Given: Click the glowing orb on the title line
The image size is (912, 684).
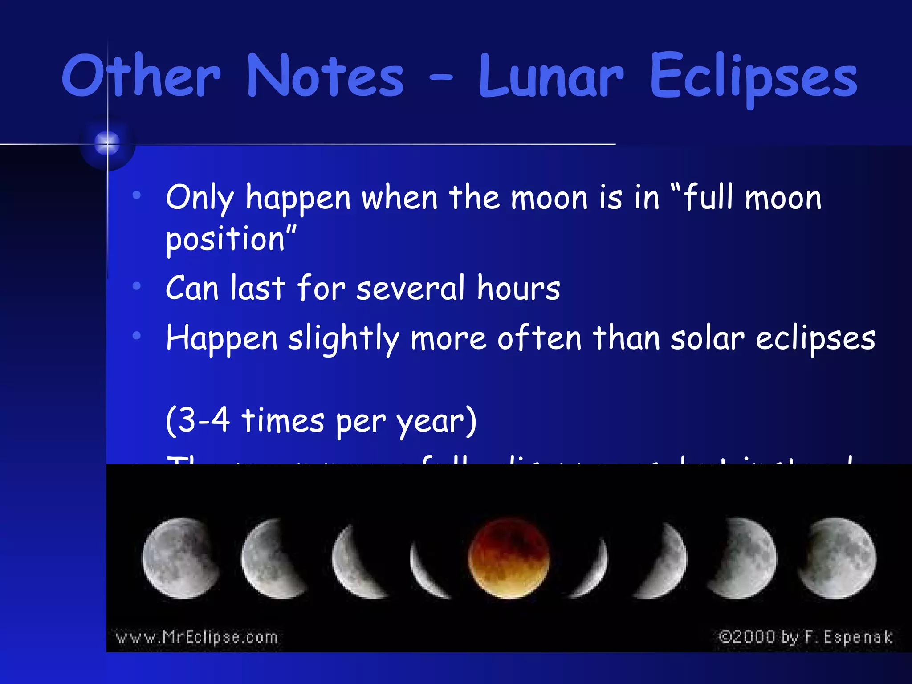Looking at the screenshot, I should coord(107,143).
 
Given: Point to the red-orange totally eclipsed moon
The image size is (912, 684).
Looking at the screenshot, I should coord(509,558).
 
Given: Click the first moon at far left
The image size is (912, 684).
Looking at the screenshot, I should coord(180,558).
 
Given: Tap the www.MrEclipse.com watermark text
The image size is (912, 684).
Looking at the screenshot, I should coord(196,637).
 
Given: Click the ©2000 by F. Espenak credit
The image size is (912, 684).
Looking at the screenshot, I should coord(805,637).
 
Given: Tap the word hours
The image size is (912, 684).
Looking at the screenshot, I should coord(518,288).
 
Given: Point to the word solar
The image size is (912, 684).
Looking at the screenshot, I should coord(707,338).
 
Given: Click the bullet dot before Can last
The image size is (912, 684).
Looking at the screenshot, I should coord(137,286).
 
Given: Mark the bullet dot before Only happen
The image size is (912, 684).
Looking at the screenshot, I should coord(137,195).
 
